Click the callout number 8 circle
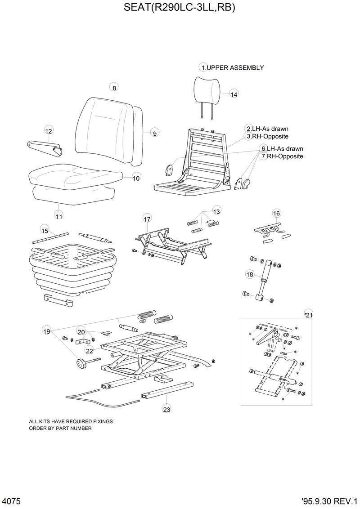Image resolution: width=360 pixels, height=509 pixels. pyautogui.click(x=114, y=88)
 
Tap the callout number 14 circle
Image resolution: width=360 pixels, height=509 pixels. pyautogui.click(x=234, y=94)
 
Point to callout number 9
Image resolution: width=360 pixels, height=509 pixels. pyautogui.click(x=154, y=133)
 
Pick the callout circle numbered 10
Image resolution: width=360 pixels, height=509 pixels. pyautogui.click(x=136, y=178)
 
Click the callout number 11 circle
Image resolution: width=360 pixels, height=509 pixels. pyautogui.click(x=59, y=216)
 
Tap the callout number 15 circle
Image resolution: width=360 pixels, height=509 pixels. pyautogui.click(x=45, y=231)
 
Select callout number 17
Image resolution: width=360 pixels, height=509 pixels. pyautogui.click(x=147, y=219)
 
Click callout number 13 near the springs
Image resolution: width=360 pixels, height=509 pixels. pyautogui.click(x=216, y=211)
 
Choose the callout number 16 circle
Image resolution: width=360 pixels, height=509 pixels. pyautogui.click(x=276, y=213)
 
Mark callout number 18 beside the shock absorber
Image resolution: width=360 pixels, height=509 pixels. pyautogui.click(x=250, y=274)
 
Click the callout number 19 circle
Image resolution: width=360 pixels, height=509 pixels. pyautogui.click(x=46, y=331)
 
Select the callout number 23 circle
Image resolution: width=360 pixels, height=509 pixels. pyautogui.click(x=166, y=409)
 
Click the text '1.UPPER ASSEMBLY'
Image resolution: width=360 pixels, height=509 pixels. pyautogui.click(x=232, y=68)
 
